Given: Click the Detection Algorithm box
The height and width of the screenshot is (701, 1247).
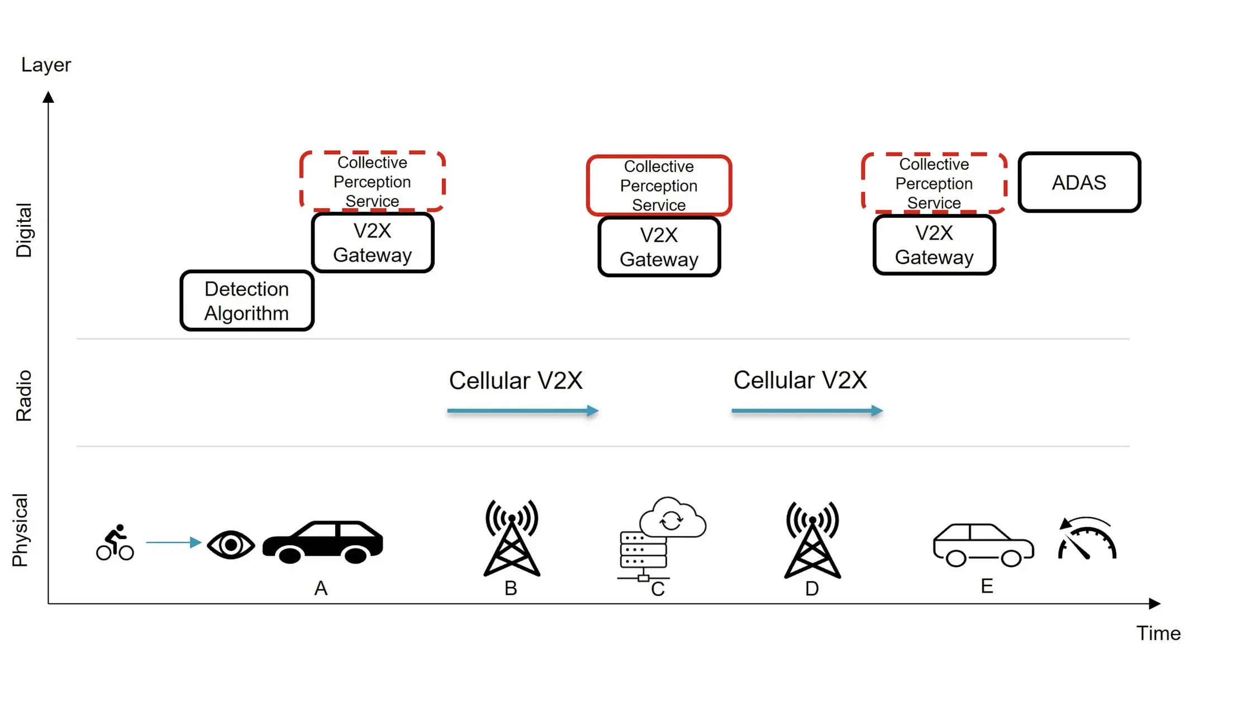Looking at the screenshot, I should [x=246, y=301].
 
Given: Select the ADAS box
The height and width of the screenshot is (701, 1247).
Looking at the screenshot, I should [x=1079, y=183].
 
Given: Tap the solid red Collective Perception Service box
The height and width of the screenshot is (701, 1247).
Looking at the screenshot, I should [x=659, y=185].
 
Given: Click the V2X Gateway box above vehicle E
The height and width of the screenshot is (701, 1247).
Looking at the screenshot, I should [x=934, y=245].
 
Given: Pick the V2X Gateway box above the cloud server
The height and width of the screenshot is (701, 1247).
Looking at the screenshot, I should [x=659, y=247].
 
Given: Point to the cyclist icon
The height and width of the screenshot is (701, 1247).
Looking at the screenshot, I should [x=115, y=542].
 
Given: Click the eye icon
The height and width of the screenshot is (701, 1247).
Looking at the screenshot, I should [x=231, y=544].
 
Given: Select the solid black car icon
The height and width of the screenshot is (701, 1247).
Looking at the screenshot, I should [x=323, y=542].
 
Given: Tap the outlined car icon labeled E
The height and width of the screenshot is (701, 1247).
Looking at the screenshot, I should [x=983, y=545].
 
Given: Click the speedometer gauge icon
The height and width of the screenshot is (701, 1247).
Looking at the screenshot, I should [x=1087, y=539].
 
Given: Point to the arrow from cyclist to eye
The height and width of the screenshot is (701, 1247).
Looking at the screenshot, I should [x=173, y=542].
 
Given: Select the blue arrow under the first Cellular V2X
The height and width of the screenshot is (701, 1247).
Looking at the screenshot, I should [x=522, y=411].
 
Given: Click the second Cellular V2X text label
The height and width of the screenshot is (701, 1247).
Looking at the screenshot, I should [x=800, y=380].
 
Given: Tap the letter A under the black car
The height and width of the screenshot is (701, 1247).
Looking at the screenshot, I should [x=321, y=588].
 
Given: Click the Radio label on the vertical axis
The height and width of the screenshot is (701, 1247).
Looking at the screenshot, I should [x=24, y=395].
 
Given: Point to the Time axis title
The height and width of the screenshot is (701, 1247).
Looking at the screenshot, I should [x=1158, y=633].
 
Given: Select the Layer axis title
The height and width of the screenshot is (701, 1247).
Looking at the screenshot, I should [x=46, y=65].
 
